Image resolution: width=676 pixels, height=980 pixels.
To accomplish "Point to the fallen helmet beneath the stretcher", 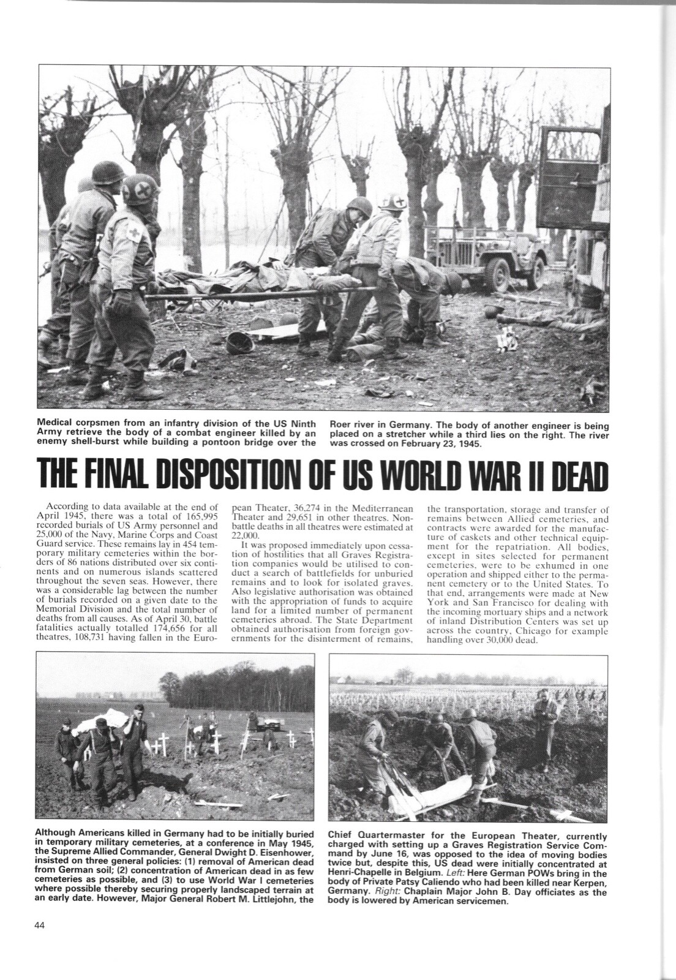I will click(237, 342).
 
